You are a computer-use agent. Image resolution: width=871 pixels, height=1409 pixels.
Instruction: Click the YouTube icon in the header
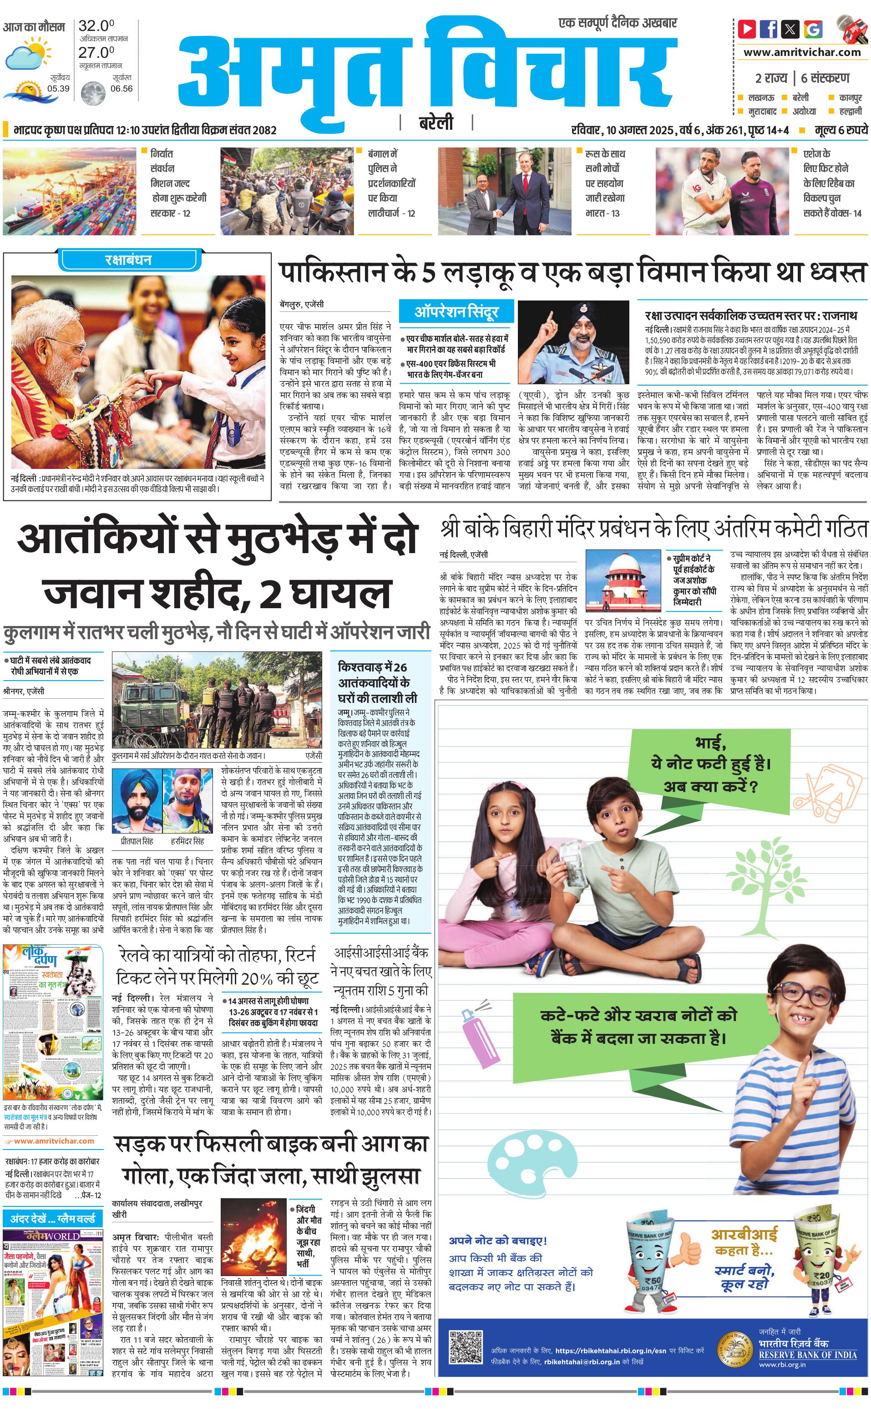(747, 29)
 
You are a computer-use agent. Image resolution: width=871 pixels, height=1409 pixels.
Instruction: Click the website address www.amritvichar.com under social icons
(801, 52)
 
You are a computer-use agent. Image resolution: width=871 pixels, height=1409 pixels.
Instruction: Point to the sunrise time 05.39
(58, 88)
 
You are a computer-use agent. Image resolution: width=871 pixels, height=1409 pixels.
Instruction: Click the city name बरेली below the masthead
(436, 123)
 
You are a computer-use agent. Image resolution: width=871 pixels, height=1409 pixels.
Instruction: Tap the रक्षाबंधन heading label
(128, 260)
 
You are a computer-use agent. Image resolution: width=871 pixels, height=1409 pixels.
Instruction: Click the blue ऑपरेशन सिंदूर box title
(456, 312)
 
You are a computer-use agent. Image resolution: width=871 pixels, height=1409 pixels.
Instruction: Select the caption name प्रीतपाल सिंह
(137, 841)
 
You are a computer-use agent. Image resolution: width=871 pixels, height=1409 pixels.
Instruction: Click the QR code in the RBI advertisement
(465, 1347)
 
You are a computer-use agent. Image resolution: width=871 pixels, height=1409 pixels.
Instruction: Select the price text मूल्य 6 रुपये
(841, 130)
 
